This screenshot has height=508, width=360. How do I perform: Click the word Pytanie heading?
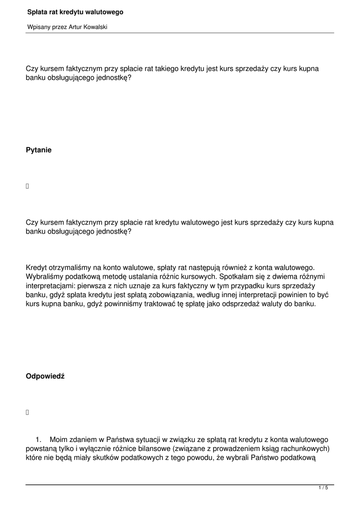(x=38, y=150)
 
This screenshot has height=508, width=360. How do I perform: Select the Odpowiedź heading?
(x=45, y=377)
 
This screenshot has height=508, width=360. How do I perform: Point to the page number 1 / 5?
(x=323, y=488)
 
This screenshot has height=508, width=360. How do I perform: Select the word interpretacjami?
(x=49, y=286)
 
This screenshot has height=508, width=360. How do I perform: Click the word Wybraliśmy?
(x=45, y=276)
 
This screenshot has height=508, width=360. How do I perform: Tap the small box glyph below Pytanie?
(x=27, y=187)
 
